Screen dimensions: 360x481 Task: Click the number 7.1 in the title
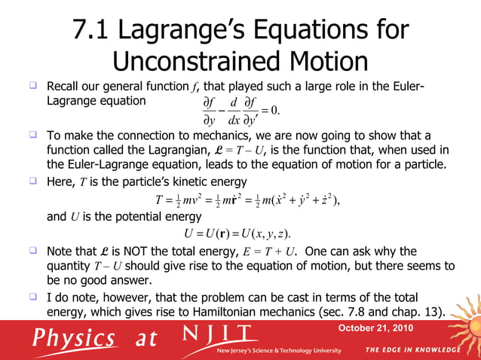[93, 31]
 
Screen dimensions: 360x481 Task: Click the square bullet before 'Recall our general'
[34, 84]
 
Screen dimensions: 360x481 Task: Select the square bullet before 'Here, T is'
[34, 182]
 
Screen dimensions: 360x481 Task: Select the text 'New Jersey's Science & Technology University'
[279, 351]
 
